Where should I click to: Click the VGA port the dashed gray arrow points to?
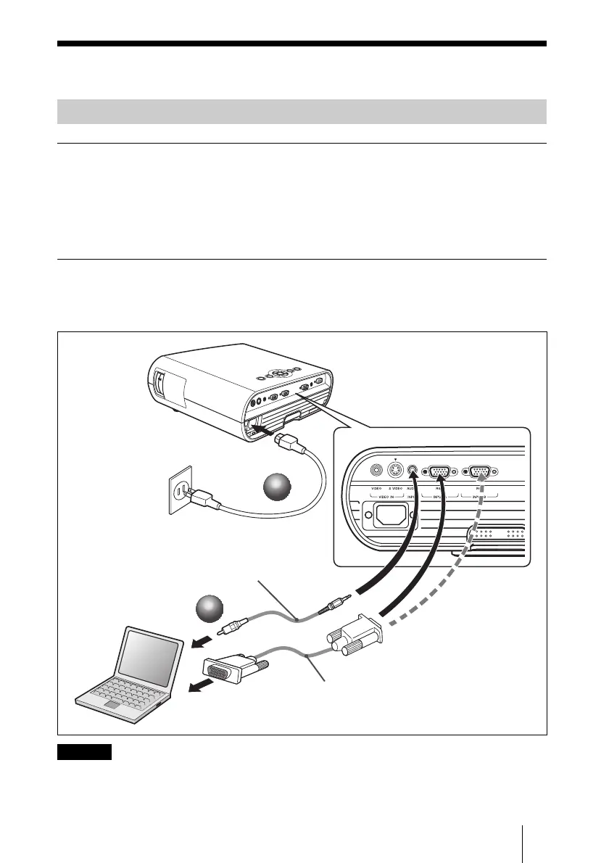click(480, 471)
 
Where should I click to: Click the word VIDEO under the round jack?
click(376, 489)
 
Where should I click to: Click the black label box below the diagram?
click(84, 751)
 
